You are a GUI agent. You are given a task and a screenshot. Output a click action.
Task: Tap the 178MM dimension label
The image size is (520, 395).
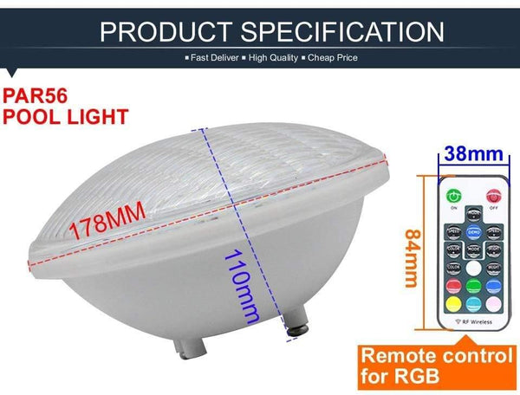point(108,227)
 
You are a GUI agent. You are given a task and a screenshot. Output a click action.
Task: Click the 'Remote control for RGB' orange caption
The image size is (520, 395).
point(433,366)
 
